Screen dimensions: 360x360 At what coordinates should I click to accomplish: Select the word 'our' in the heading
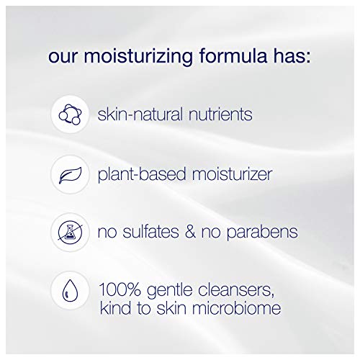pos(61,56)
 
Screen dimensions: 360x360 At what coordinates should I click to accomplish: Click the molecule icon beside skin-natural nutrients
pos(70,115)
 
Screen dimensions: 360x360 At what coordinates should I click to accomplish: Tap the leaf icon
pos(70,174)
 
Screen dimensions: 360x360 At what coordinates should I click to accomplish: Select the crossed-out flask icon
pos(70,232)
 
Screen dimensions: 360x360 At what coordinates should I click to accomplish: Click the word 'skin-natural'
pos(138,115)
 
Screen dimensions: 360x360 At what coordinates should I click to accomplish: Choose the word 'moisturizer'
pos(231,174)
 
